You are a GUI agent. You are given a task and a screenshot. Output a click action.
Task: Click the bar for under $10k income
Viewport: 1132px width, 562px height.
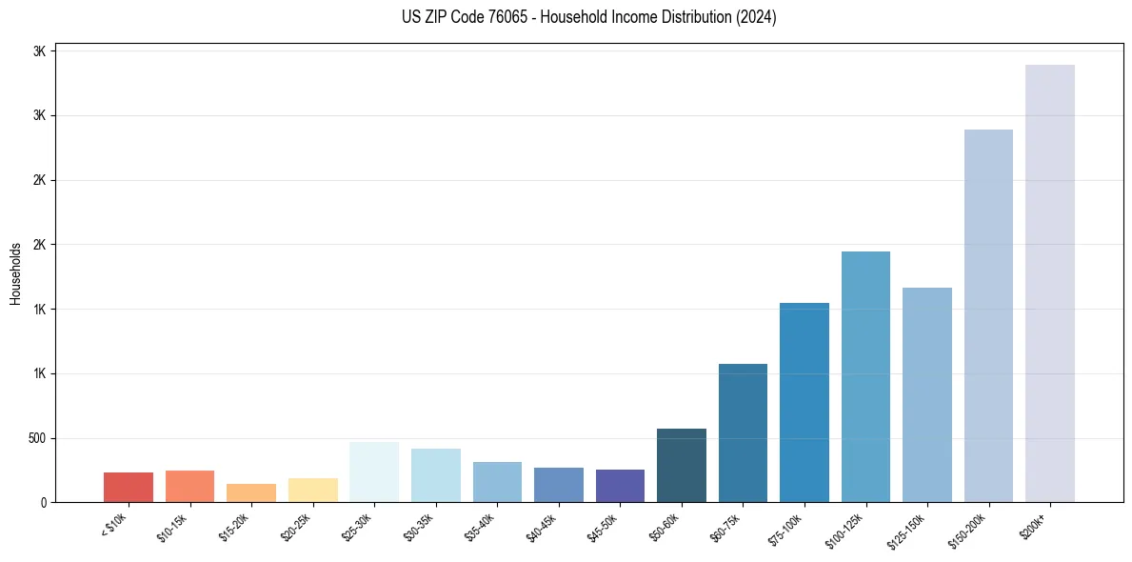coord(129,487)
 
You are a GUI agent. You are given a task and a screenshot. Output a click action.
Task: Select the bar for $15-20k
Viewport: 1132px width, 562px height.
coord(251,492)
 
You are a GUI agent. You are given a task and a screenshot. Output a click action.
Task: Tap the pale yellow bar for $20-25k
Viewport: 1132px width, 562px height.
coord(312,490)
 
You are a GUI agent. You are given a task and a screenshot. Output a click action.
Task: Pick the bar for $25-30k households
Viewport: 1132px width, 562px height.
coord(374,472)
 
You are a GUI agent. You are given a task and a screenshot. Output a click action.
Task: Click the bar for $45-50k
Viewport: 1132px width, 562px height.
coord(620,486)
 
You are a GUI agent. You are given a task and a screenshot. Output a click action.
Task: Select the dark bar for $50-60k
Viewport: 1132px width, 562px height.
coord(682,465)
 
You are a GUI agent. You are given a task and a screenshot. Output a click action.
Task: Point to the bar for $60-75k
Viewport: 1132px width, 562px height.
coord(743,432)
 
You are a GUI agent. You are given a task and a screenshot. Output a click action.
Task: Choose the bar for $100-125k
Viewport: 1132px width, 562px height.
coord(865,376)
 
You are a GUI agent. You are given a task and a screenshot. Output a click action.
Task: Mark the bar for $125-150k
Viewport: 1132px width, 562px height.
coord(927,394)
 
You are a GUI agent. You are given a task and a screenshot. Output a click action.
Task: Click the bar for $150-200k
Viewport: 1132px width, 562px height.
coord(988,315)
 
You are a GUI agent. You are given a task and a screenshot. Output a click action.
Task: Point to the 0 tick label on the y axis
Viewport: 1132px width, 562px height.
coord(42,502)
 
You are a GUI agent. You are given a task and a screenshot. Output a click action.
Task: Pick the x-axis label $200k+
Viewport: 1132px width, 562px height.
coord(1035,524)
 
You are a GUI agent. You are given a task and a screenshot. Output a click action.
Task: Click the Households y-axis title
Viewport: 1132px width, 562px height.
coord(15,273)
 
